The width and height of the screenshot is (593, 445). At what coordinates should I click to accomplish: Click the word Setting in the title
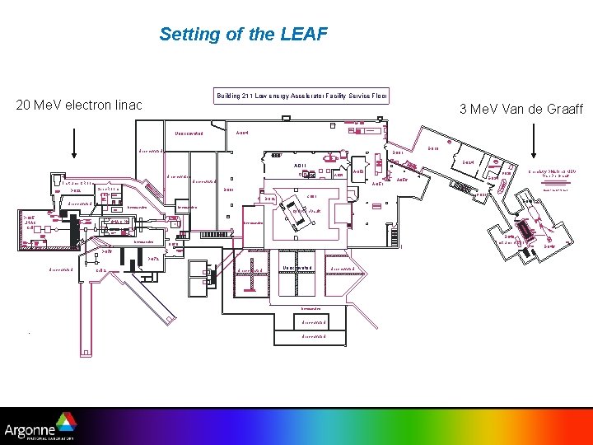pyautogui.click(x=187, y=34)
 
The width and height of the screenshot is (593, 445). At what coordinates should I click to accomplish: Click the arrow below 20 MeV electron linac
pyautogui.click(x=75, y=145)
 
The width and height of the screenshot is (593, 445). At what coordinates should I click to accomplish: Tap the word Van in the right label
pyautogui.click(x=502, y=110)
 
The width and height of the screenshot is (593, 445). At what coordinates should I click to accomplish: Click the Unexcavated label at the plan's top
pyautogui.click(x=189, y=133)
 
